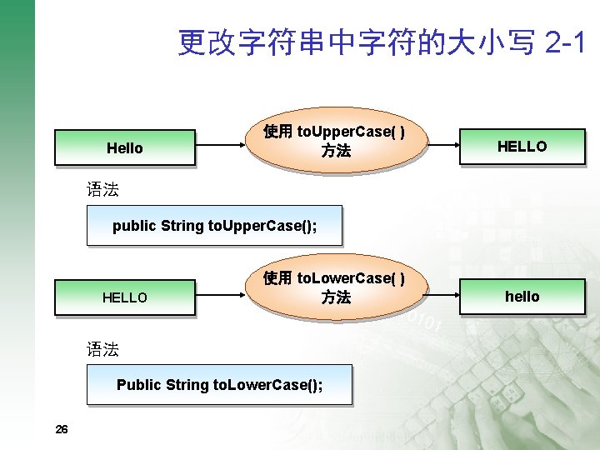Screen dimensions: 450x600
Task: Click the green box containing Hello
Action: [x=125, y=148]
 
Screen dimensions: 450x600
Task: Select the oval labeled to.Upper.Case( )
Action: [x=334, y=142]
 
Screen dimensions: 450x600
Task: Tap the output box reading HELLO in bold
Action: [x=522, y=147]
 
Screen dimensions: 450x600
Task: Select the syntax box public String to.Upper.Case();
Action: [x=214, y=226]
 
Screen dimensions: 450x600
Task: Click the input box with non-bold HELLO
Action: [x=125, y=297]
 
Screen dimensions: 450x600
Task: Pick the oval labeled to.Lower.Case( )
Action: [x=334, y=288]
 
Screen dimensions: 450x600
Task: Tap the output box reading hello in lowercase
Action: [x=522, y=297]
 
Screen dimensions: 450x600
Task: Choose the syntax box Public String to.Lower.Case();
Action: [x=220, y=385]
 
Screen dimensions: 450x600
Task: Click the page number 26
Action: [x=61, y=429]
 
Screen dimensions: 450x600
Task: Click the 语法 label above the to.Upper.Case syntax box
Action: [x=102, y=190]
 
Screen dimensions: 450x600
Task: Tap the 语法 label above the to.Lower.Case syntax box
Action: [x=102, y=349]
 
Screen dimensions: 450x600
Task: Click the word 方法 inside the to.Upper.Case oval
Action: [x=336, y=152]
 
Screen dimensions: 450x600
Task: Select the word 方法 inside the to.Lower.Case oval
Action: [x=336, y=297]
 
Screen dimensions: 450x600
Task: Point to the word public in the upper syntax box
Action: [x=134, y=226]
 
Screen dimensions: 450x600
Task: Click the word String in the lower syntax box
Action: [x=187, y=385]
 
